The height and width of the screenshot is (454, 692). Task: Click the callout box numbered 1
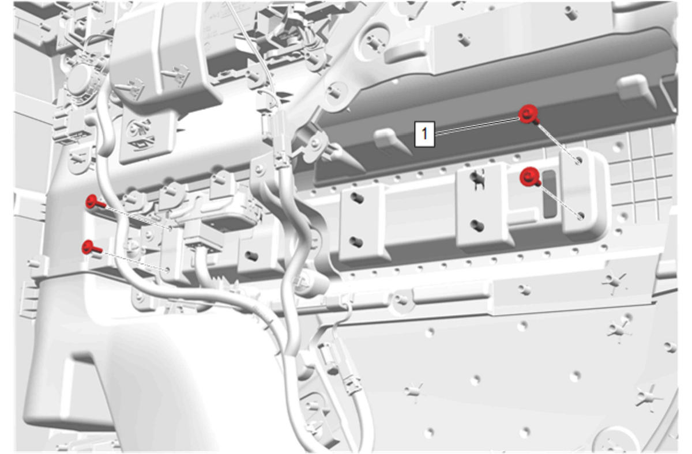[425, 134]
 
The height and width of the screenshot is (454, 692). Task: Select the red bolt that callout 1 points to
[529, 115]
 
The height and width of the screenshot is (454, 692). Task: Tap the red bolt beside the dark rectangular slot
[530, 177]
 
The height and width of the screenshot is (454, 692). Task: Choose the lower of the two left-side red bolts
[91, 247]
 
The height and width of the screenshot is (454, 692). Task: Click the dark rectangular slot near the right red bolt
[550, 194]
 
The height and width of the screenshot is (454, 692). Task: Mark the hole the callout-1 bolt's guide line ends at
[578, 161]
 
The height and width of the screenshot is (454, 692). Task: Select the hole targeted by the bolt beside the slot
[581, 216]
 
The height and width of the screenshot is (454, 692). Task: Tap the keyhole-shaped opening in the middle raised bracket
[477, 180]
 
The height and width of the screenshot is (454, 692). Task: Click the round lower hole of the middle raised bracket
[477, 225]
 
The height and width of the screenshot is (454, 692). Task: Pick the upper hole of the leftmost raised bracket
[357, 198]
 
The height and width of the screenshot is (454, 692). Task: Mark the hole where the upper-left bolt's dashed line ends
[170, 228]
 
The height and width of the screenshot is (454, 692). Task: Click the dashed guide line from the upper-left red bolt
[137, 218]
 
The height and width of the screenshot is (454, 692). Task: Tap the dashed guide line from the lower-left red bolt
[134, 261]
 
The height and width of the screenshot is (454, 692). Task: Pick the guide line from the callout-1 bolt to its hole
[558, 141]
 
